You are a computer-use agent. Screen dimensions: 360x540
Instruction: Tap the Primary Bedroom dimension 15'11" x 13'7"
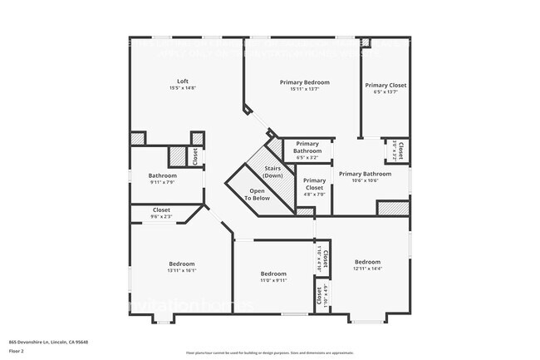coord(304,89)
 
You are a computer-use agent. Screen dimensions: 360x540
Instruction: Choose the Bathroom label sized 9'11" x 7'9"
coord(162,175)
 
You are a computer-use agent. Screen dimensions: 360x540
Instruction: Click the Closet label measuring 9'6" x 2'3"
coord(161,210)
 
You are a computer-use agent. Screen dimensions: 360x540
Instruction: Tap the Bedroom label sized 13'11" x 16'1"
coord(181,264)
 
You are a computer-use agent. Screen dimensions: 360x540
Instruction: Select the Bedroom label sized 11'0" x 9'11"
coord(273,274)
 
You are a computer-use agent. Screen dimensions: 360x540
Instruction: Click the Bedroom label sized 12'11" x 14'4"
coord(367,261)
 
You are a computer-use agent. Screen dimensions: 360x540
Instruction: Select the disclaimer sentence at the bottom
coord(269,353)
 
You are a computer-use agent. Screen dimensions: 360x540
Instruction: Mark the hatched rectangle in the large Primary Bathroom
coord(392,208)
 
